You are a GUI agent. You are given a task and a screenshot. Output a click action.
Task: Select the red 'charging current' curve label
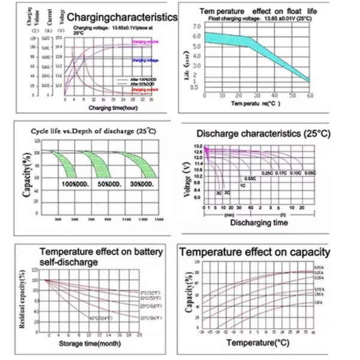[145, 89]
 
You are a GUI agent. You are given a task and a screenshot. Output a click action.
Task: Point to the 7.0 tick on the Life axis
[197, 26]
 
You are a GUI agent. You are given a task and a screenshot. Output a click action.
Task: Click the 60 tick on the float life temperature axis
[310, 95]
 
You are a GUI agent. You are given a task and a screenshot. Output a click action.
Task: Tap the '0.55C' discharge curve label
[250, 179]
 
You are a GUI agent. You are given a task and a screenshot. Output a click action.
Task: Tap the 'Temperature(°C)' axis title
[256, 343]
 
